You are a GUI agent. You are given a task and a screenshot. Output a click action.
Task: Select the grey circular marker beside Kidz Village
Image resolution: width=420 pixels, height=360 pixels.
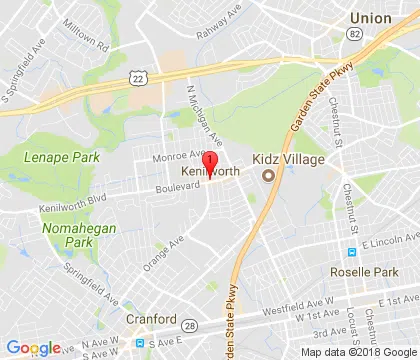(x=267, y=176)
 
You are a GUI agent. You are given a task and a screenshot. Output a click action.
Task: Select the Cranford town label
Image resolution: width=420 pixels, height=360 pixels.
(x=150, y=321)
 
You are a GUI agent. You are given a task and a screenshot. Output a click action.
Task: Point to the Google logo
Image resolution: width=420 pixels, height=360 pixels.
(x=33, y=347)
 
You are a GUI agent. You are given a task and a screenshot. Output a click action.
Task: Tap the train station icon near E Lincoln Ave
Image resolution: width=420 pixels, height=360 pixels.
(x=351, y=251)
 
